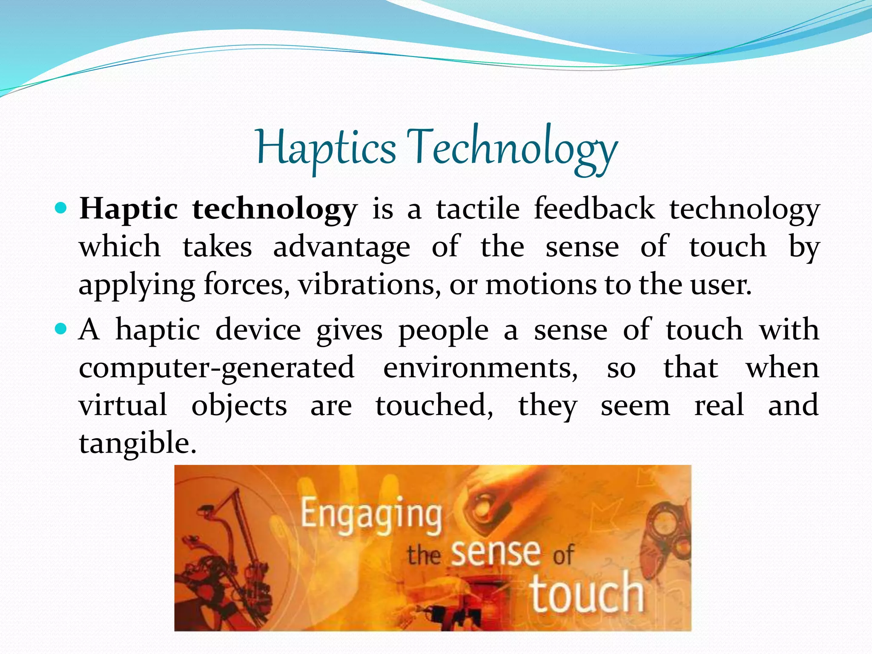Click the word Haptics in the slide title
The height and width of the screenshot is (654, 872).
click(326, 149)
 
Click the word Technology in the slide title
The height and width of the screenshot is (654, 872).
click(511, 149)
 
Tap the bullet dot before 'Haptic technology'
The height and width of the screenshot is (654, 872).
click(61, 209)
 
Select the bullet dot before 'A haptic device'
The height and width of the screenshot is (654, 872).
click(61, 329)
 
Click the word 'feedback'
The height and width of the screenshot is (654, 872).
click(594, 209)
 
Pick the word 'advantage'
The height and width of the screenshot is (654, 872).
click(341, 247)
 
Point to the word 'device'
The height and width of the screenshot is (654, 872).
click(258, 330)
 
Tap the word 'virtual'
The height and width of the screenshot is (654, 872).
click(123, 405)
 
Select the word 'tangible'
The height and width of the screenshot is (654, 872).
click(137, 443)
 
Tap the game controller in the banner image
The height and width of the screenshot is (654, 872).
click(664, 536)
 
